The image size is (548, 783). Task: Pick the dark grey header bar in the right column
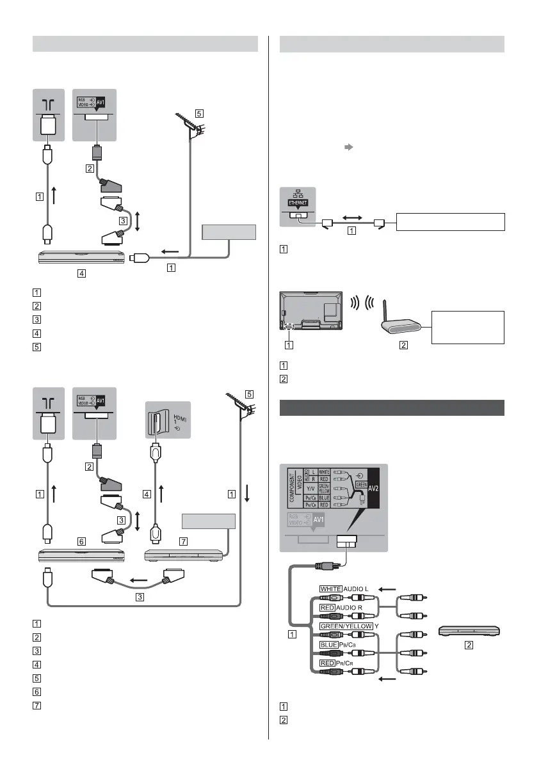[x=392, y=407]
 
